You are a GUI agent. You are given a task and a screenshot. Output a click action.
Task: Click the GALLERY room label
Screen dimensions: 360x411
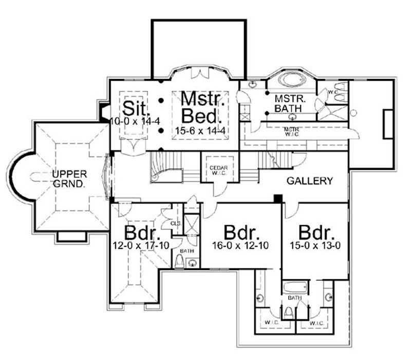click(310, 181)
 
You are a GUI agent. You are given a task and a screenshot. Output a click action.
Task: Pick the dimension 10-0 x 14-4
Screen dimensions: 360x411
click(129, 121)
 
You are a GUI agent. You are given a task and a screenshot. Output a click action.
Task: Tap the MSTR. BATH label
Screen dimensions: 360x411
click(288, 103)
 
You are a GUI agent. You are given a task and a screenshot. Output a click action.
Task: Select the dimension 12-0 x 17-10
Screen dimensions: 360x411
click(141, 246)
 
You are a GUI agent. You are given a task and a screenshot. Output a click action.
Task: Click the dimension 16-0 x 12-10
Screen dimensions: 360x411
click(240, 246)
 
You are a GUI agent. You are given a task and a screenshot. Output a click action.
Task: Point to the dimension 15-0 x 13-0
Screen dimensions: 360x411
click(317, 246)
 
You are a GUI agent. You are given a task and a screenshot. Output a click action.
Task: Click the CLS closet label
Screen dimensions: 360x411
click(175, 224)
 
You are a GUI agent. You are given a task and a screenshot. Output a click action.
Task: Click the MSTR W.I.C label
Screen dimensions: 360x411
click(291, 131)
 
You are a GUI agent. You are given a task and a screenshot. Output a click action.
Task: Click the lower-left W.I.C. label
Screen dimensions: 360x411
click(271, 323)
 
